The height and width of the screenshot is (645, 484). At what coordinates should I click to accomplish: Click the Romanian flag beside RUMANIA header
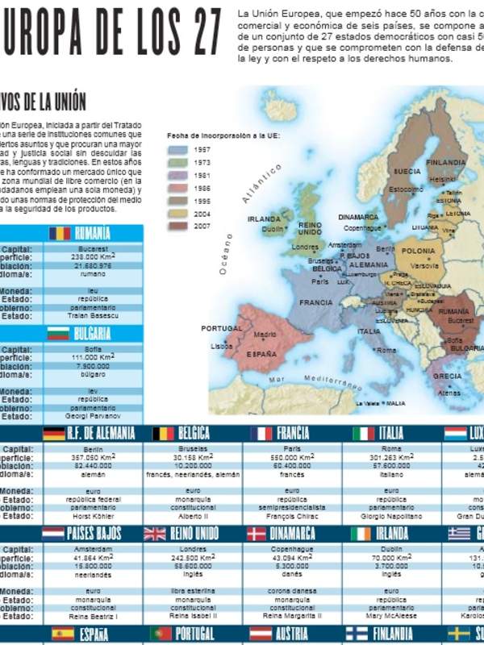click(x=59, y=233)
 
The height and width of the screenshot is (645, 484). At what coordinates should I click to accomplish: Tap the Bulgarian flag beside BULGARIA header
click(x=58, y=333)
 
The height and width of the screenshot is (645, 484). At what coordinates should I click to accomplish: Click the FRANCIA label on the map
click(x=315, y=303)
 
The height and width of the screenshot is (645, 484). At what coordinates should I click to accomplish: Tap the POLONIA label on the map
click(x=418, y=251)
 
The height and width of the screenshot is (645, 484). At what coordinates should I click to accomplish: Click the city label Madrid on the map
click(x=265, y=334)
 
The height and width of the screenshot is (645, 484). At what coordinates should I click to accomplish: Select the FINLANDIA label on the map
click(x=446, y=161)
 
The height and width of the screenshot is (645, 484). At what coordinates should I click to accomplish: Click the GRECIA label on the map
click(x=448, y=376)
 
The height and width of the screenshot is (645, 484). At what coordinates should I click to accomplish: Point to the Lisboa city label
click(x=221, y=346)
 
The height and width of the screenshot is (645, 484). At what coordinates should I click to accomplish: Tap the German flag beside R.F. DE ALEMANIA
click(x=54, y=433)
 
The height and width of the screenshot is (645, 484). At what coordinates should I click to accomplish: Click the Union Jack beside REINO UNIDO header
click(x=155, y=533)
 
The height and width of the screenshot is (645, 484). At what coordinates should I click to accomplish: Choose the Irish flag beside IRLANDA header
click(x=362, y=533)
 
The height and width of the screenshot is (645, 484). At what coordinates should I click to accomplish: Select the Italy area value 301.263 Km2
click(x=391, y=457)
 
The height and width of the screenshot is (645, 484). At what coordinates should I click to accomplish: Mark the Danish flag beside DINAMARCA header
click(x=256, y=533)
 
